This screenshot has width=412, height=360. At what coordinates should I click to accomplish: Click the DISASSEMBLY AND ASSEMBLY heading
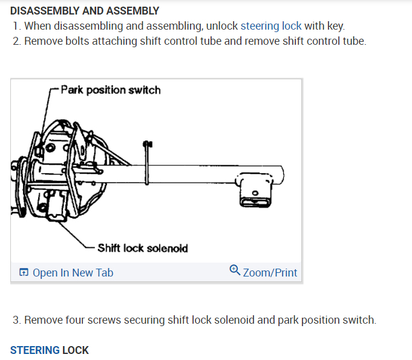(85, 11)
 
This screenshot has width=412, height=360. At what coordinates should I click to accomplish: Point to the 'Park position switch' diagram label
(111, 90)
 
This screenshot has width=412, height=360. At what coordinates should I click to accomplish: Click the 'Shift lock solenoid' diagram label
(143, 248)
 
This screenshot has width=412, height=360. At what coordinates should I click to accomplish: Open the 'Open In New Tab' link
(73, 273)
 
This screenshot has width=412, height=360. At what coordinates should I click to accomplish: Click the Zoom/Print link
(270, 273)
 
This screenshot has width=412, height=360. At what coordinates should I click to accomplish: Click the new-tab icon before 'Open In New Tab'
(24, 273)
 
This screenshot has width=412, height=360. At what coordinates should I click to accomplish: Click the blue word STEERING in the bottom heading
(35, 350)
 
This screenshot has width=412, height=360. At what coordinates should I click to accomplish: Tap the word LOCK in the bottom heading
(76, 350)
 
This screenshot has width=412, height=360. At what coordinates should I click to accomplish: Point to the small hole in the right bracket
(255, 194)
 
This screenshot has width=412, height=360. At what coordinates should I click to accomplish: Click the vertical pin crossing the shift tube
(146, 160)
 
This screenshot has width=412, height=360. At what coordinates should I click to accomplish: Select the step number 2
(16, 42)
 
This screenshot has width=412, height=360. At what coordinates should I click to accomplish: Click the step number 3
(16, 319)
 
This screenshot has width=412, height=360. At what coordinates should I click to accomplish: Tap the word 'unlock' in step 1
(223, 26)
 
